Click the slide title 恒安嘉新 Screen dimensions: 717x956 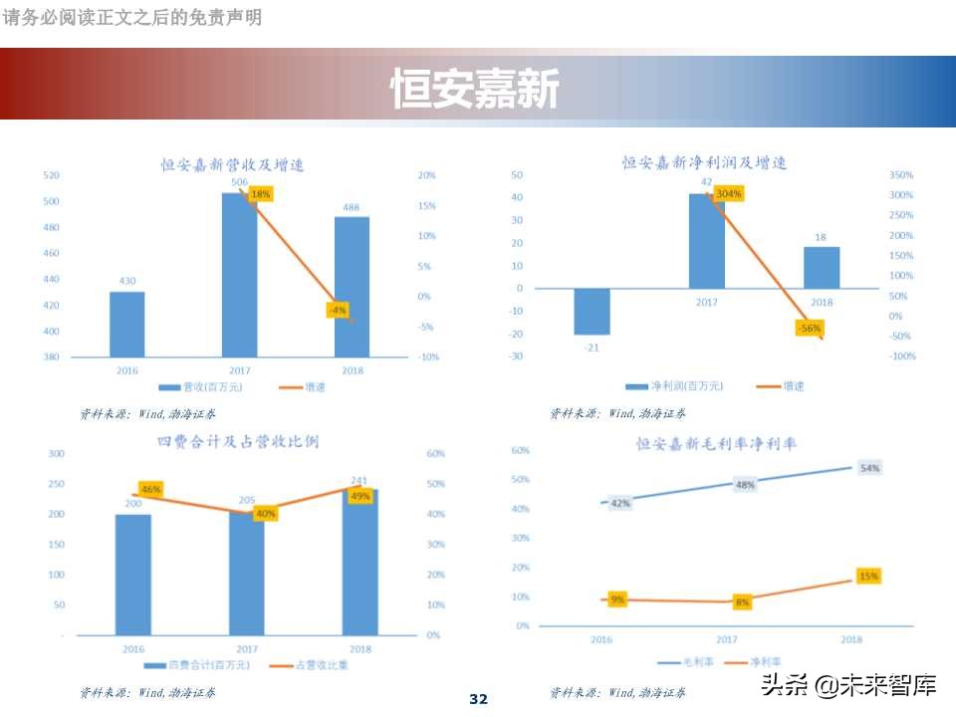(475, 90)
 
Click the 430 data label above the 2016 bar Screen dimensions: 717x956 (127, 281)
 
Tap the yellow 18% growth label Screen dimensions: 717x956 (260, 194)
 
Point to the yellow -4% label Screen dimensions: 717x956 (338, 310)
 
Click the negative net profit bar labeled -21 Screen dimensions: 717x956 (593, 312)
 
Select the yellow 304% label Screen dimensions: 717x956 (728, 193)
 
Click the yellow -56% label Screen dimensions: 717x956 (809, 328)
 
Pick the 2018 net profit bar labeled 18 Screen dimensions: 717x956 (822, 267)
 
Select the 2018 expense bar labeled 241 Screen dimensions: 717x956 (359, 563)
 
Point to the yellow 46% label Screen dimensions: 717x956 (150, 489)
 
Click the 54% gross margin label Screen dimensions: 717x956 (870, 468)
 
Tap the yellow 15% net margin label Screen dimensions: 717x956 (868, 576)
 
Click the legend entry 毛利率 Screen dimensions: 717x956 (686, 660)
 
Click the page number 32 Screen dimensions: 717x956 (478, 699)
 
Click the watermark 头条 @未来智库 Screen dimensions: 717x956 (848, 684)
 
